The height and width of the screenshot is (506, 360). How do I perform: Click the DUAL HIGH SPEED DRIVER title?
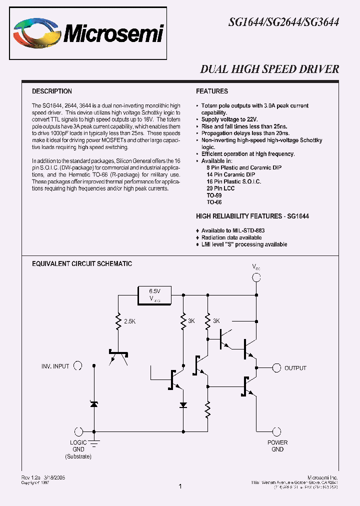(x=269, y=69)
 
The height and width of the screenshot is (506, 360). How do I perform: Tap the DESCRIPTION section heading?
(x=52, y=91)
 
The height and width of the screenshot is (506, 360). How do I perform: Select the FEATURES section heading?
(x=212, y=91)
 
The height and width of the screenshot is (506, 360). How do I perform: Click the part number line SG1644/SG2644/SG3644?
(x=283, y=22)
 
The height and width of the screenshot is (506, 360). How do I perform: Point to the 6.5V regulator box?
(x=154, y=294)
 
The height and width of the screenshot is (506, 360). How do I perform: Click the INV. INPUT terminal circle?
(x=78, y=366)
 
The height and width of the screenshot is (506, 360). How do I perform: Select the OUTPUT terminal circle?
(x=275, y=367)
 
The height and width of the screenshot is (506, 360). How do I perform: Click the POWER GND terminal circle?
(x=277, y=432)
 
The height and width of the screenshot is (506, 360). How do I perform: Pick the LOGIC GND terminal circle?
(x=78, y=432)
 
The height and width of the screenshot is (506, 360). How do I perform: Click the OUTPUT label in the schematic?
(x=295, y=368)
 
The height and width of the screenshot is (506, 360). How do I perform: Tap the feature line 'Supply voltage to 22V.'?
(x=229, y=120)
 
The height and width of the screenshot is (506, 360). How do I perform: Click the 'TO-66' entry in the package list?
(x=214, y=202)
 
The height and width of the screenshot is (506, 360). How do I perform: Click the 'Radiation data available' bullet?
(x=231, y=237)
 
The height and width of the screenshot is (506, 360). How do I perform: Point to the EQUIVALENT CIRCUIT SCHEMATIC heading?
(x=82, y=263)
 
